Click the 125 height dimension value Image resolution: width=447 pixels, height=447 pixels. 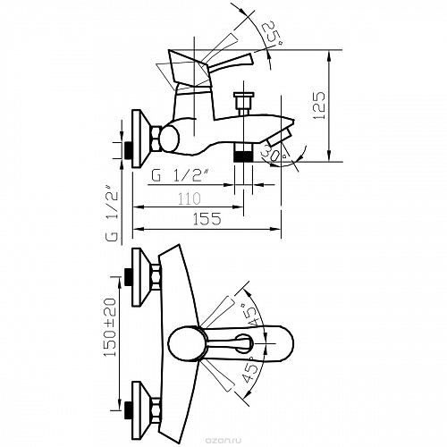(319, 105)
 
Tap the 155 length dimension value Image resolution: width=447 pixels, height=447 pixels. (207, 219)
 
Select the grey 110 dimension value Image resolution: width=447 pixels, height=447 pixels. (189, 198)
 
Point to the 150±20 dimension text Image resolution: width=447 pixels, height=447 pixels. (109, 327)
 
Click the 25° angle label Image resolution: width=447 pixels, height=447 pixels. (272, 34)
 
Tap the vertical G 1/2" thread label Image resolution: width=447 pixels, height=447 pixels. (112, 213)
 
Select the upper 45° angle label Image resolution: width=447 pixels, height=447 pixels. (249, 316)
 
